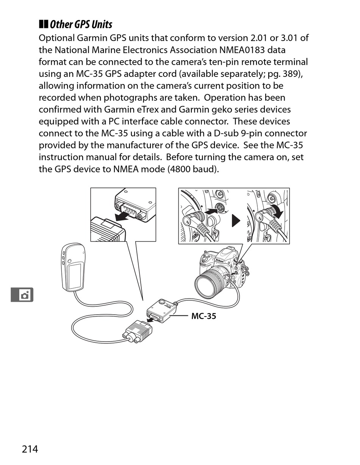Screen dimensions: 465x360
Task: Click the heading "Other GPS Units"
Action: coord(81,25)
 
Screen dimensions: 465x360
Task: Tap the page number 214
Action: coord(30,449)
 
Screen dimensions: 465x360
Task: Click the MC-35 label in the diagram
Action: coord(203,316)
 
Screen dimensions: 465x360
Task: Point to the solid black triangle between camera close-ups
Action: coord(236,220)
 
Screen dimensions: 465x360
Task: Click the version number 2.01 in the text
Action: coord(260,38)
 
